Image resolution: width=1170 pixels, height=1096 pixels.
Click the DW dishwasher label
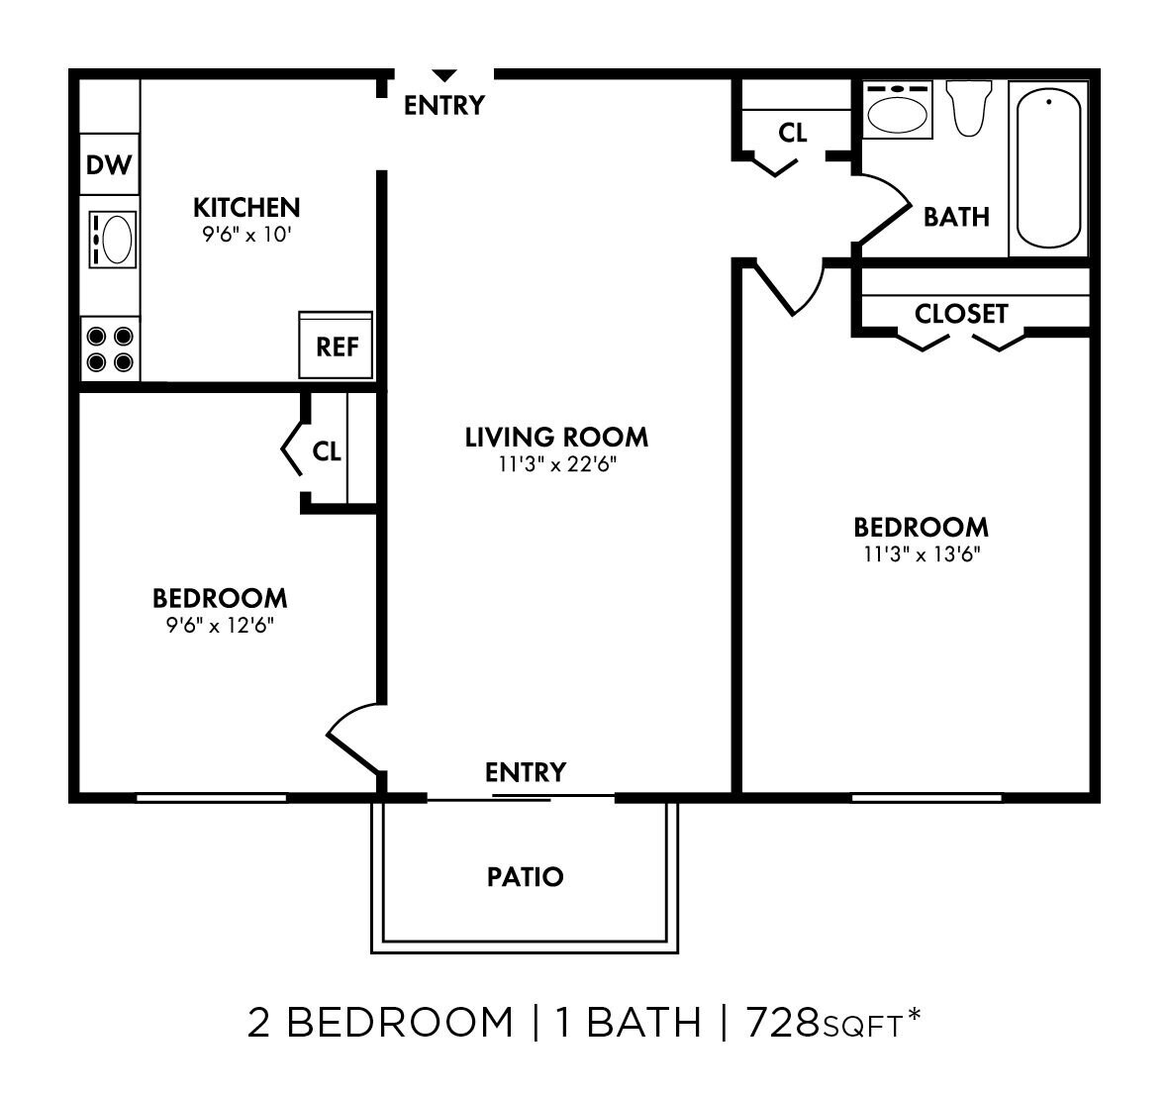[109, 164]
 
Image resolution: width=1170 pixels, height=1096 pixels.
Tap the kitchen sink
[112, 239]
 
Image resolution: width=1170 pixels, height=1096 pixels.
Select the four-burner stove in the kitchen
[109, 349]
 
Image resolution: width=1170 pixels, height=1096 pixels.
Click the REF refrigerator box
[337, 346]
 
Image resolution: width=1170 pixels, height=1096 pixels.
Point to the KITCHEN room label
[245, 207]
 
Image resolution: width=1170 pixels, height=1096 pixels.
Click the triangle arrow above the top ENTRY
[444, 75]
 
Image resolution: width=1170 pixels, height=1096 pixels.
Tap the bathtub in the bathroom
[1048, 167]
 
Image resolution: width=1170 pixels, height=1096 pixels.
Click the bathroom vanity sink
[898, 110]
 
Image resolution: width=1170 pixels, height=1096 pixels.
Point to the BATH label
[956, 216]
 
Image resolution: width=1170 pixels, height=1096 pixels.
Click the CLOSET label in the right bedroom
[961, 314]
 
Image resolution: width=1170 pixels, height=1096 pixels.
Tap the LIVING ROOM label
[556, 437]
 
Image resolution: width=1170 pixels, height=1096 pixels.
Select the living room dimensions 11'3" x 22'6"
[558, 463]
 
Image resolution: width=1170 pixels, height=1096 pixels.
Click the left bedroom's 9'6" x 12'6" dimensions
[221, 625]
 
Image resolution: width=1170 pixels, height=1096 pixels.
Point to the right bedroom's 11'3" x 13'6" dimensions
[922, 553]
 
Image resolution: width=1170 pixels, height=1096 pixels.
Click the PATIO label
[526, 876]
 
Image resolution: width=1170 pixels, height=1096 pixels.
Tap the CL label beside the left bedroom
[327, 451]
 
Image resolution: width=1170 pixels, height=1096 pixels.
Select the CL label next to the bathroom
[793, 132]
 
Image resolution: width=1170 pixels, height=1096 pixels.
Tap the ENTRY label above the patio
[526, 771]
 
